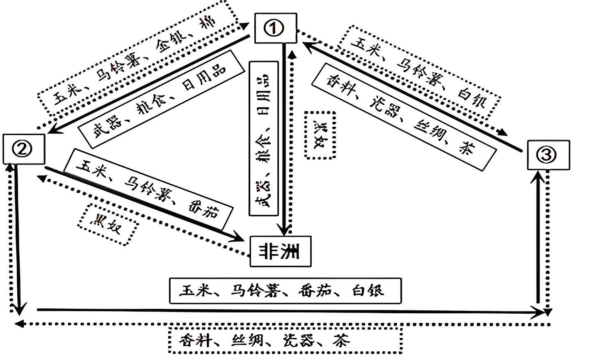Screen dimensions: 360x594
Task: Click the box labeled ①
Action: point(275,28)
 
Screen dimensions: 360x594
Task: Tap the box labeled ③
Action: point(548,155)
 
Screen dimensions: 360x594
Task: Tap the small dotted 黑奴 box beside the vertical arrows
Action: point(320,134)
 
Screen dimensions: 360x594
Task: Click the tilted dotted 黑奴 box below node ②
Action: point(107,224)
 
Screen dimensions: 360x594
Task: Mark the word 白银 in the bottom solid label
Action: point(368,291)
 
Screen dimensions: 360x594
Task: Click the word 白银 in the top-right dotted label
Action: point(471,99)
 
